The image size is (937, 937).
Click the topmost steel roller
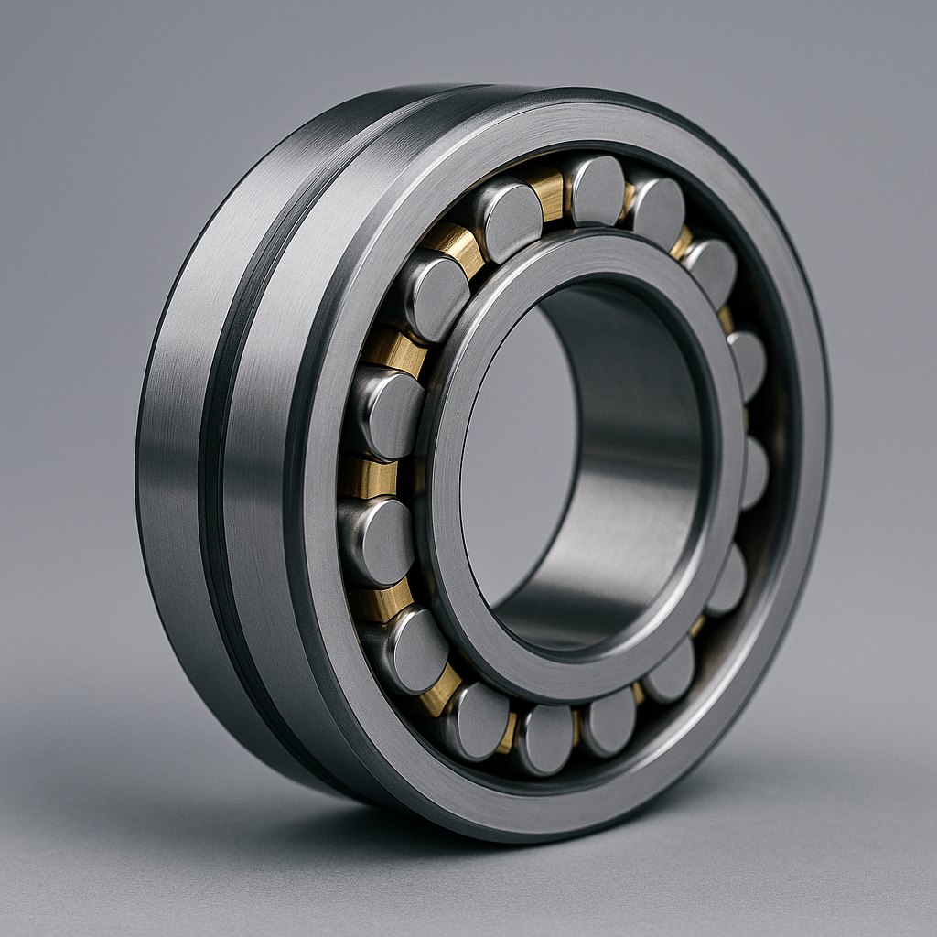pyautogui.click(x=596, y=189)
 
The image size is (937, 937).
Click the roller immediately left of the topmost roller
pyautogui.click(x=508, y=218)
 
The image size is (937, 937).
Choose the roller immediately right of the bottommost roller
pyautogui.click(x=609, y=721)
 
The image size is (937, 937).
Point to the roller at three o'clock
pyautogui.click(x=755, y=471)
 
